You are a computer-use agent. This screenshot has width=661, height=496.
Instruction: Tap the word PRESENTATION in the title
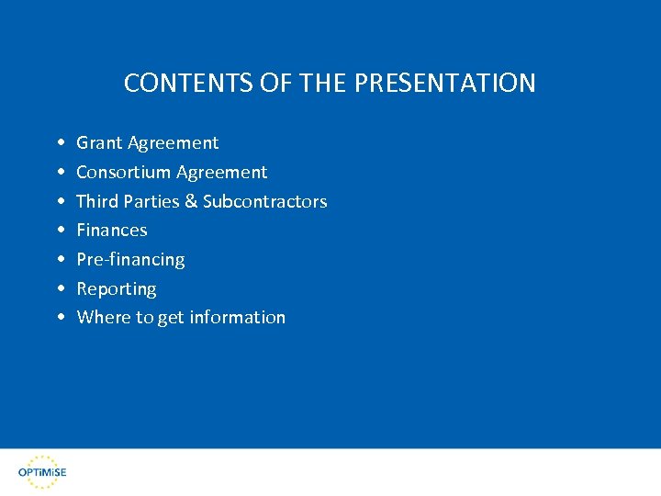(444, 84)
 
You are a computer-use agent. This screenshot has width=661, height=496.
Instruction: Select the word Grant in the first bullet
(99, 142)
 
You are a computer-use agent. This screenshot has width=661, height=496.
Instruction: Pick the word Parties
(151, 201)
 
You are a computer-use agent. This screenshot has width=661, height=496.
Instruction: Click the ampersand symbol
(191, 201)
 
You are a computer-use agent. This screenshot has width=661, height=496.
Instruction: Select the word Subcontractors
(264, 201)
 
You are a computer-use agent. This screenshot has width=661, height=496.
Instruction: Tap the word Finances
(112, 230)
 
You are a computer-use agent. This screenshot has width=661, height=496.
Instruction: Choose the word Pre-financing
(130, 260)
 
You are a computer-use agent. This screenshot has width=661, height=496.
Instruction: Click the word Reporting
(117, 289)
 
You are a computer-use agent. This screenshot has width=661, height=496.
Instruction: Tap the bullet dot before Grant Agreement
(60, 143)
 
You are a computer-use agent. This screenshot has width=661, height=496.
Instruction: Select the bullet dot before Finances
(60, 231)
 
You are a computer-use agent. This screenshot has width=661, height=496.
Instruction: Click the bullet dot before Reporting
(60, 289)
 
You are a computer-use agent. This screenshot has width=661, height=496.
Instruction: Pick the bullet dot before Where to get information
(60, 318)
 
